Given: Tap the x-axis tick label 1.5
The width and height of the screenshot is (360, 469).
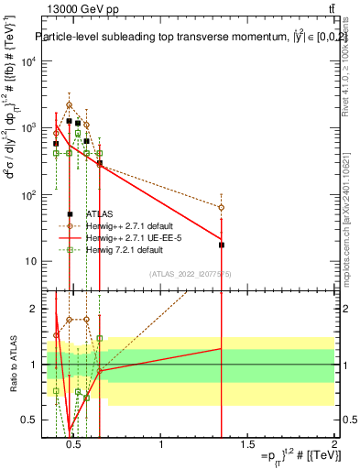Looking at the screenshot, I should (247, 445).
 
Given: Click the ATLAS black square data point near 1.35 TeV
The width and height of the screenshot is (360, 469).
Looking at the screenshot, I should (222, 245).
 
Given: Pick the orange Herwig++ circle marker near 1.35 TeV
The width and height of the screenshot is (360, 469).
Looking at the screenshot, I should (222, 208).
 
